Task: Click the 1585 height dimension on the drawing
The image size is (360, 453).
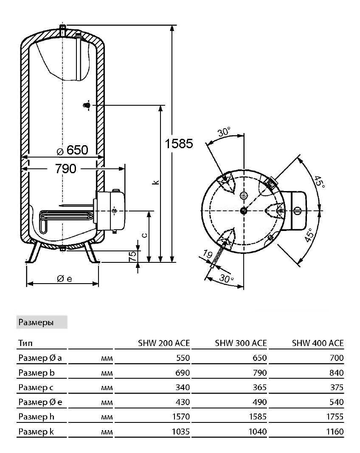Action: click(179, 143)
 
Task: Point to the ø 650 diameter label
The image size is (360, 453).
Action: click(72, 150)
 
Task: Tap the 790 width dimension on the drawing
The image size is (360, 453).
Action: click(65, 169)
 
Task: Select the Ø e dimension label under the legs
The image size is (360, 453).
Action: click(65, 279)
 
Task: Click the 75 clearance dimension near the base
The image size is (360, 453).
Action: click(132, 256)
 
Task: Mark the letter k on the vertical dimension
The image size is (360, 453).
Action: click(156, 182)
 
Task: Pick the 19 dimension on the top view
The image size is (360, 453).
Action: click(208, 254)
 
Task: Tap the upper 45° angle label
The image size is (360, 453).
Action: click(319, 182)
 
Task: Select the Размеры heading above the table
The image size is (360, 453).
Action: click(36, 322)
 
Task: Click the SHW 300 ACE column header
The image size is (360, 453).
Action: click(241, 343)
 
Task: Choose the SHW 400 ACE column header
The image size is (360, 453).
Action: click(318, 343)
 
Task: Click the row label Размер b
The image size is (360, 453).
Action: click(37, 373)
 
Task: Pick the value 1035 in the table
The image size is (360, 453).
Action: click(181, 432)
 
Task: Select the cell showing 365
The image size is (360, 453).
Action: click(260, 388)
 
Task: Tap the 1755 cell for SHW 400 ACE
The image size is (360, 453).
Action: click(335, 416)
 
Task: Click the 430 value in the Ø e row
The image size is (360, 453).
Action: click(183, 402)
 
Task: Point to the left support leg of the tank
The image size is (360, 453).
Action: click(34, 252)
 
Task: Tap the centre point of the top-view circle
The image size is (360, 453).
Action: click(244, 211)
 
